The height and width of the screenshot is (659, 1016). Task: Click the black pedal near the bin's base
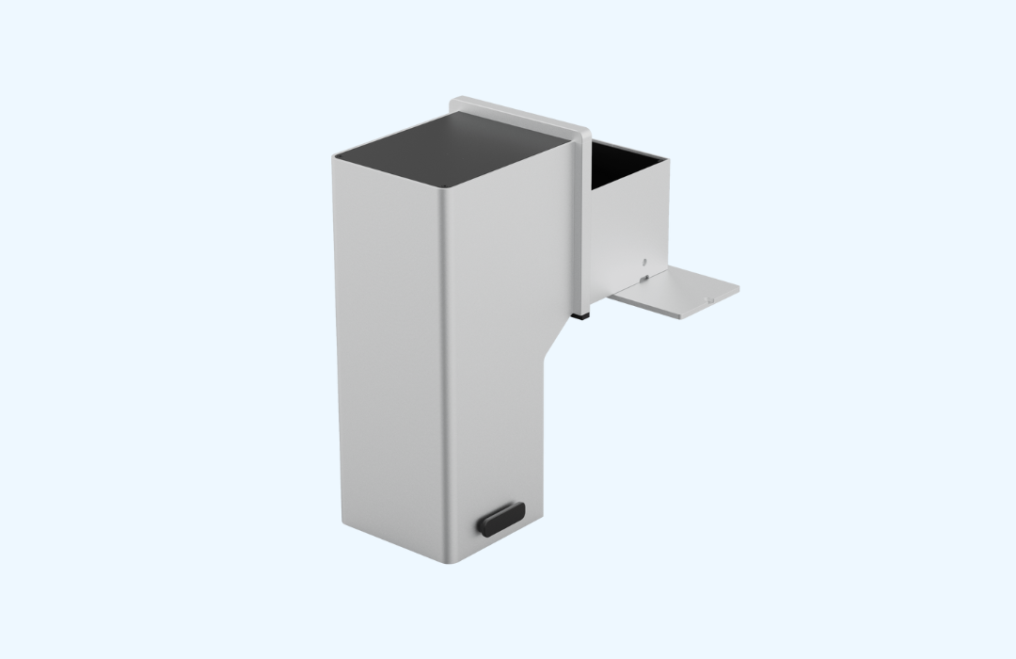500,518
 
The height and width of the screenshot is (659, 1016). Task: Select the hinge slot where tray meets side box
643,278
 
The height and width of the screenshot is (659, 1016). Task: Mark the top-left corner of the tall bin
334,157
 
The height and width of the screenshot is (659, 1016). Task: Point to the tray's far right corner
738,288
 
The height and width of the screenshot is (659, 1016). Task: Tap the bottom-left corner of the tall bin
338,529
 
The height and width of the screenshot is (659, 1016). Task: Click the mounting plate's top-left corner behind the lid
454,101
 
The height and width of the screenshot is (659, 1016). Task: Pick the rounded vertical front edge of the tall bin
450,377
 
